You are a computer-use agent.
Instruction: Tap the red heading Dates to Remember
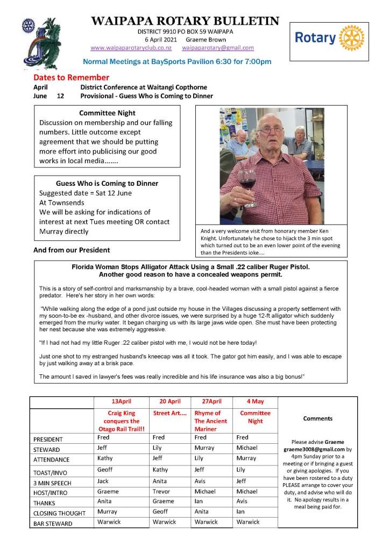71,78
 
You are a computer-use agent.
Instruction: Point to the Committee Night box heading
107,113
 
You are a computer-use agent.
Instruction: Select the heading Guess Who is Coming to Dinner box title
107,183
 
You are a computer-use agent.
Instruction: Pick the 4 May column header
254,402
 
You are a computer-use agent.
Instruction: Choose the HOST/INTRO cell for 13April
108,492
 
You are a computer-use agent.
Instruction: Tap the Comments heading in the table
317,419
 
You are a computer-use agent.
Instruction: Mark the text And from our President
72,250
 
